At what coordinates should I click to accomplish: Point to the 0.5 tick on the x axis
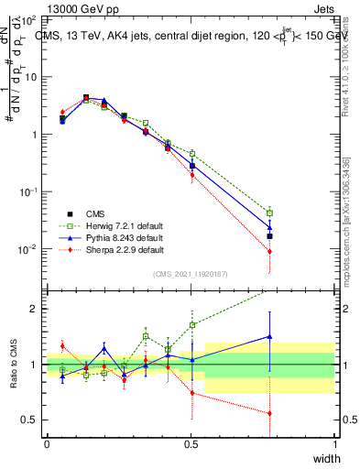191,443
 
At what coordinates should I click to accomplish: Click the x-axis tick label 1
334,443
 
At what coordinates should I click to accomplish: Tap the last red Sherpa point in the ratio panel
269,413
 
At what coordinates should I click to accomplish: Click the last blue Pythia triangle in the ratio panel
269,336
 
